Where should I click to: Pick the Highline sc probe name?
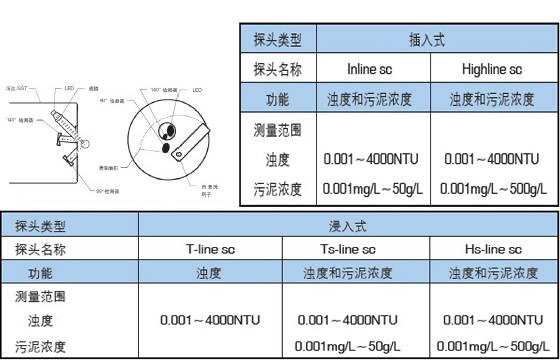point(493,70)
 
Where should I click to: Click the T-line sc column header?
point(209,249)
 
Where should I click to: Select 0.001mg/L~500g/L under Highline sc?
point(492,187)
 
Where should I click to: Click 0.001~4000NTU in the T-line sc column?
point(209,320)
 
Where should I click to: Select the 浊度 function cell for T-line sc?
point(209,272)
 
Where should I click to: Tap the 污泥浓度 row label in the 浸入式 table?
point(42,346)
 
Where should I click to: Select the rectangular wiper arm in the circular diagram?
point(188,141)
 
